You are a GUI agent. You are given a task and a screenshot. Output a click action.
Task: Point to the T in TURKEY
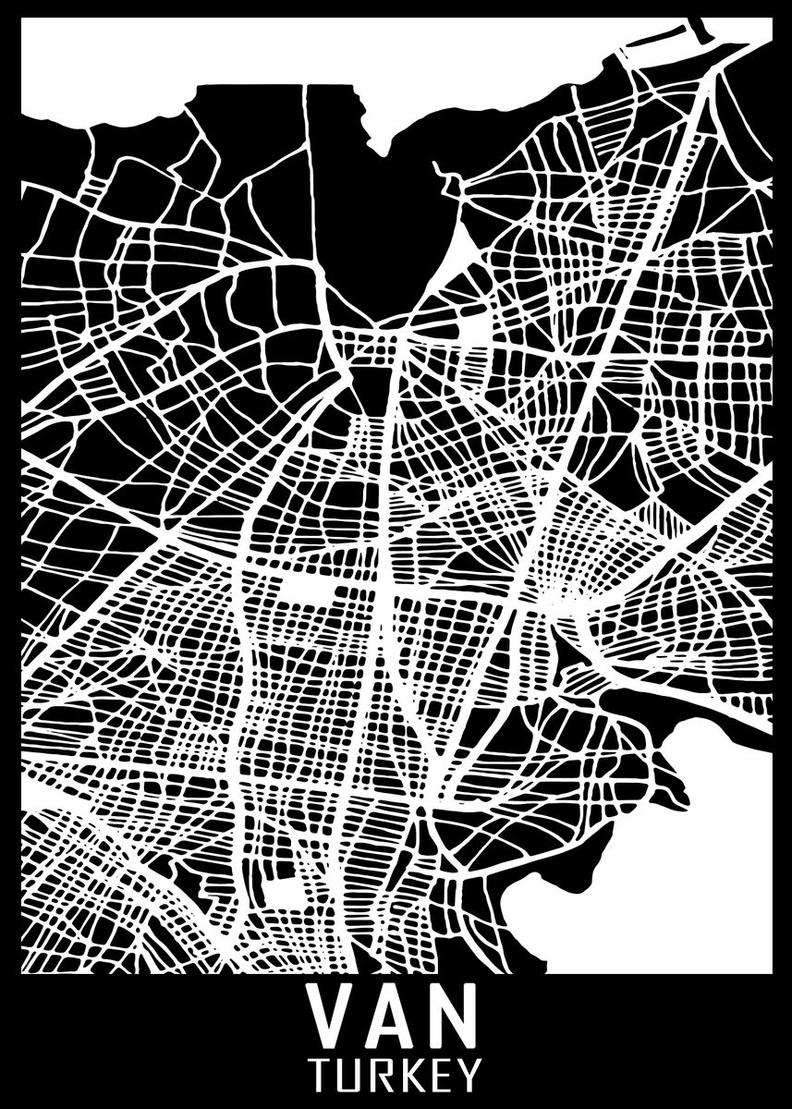click(x=323, y=1075)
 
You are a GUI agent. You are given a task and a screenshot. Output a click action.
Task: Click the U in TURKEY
click(x=352, y=1075)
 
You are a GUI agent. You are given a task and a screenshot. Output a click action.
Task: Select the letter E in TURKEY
click(x=441, y=1075)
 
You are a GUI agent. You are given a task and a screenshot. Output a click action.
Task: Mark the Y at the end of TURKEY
click(x=469, y=1075)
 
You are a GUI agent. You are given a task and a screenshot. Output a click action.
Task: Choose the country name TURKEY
click(x=396, y=1075)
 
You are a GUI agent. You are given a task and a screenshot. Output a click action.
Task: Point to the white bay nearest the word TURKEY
click(x=665, y=878)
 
